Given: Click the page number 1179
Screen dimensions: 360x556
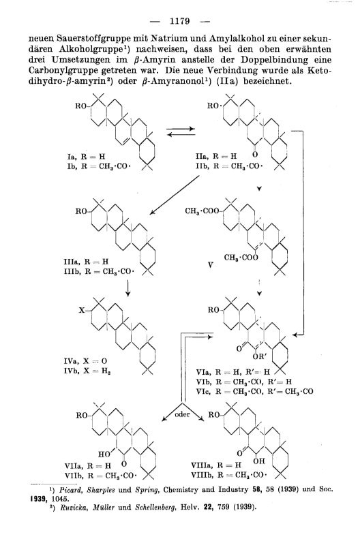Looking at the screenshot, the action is [x=180, y=21].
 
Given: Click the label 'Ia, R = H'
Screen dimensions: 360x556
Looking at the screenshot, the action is [x=86, y=157].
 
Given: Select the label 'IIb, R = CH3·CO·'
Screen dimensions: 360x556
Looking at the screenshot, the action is [x=229, y=166].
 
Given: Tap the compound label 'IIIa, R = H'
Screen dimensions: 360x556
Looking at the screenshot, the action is [x=86, y=262].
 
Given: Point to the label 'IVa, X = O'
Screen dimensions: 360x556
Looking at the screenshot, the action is [x=85, y=361].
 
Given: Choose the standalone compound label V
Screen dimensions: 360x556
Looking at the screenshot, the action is [x=210, y=265].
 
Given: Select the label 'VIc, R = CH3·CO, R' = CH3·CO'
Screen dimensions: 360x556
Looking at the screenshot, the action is [x=255, y=392].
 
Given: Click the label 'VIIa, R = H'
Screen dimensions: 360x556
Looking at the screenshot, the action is [x=88, y=465].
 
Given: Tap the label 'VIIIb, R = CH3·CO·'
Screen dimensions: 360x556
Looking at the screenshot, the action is [x=228, y=475].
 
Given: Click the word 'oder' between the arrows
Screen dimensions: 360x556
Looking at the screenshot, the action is [x=182, y=414].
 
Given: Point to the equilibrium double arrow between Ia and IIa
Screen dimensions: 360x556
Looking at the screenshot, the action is [x=181, y=132].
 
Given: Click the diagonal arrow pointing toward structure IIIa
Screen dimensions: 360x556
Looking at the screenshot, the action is [x=175, y=195].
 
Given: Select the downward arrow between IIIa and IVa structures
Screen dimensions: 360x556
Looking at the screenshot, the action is [x=127, y=288].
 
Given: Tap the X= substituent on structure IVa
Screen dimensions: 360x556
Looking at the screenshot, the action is [x=85, y=311].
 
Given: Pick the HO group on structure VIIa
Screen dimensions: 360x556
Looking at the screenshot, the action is [x=104, y=454].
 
